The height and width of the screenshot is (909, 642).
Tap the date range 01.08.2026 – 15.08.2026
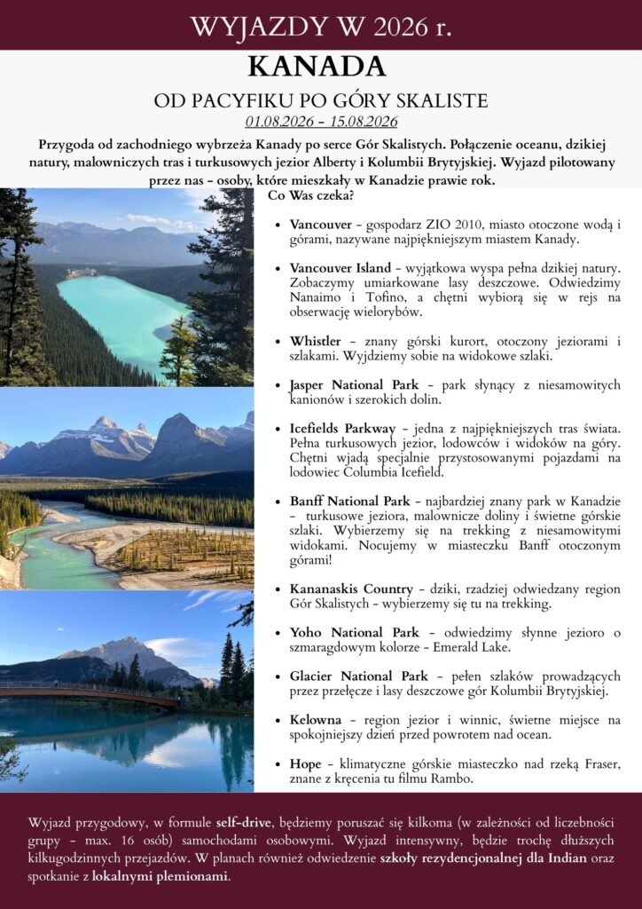[x=321, y=122]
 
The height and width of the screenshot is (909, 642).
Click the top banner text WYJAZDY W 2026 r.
[x=321, y=26]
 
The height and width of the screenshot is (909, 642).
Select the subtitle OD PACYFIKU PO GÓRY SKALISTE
[x=321, y=99]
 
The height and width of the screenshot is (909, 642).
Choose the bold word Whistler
[x=316, y=342]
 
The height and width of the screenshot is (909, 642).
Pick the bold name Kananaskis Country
[x=350, y=589]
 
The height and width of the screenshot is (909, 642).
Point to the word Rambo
[x=452, y=779]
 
